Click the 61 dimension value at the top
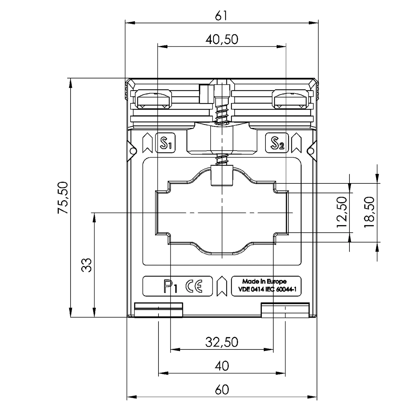[221, 16]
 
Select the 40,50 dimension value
[222, 40]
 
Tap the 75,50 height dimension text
[63, 198]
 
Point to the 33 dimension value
[86, 265]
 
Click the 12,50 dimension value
[342, 212]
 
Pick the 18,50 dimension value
[369, 212]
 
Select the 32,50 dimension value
[222, 342]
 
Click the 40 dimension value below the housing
[222, 366]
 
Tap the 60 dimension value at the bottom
[222, 390]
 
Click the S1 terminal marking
[165, 143]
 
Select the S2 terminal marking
[277, 143]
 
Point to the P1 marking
[170, 286]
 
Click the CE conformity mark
[194, 286]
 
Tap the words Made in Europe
[264, 282]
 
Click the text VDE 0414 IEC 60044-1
[267, 289]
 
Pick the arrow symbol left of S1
[147, 143]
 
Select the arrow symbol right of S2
[296, 143]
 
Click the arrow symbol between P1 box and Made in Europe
[222, 286]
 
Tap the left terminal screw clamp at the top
[154, 99]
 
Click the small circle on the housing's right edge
[311, 151]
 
